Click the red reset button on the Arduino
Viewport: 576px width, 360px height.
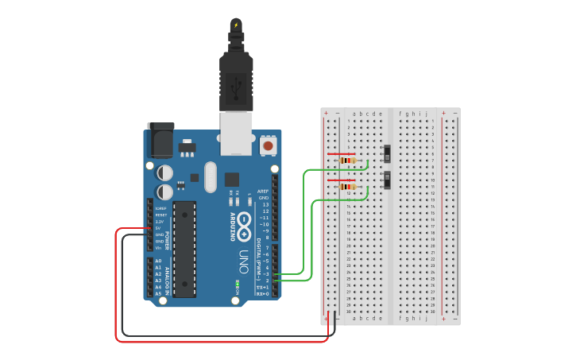[269, 146]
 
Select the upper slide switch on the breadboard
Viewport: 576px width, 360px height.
[388, 153]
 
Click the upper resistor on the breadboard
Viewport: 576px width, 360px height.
[347, 161]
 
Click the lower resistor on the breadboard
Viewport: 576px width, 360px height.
[347, 188]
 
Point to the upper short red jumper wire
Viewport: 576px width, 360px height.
[341, 154]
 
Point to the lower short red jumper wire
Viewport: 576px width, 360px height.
[341, 180]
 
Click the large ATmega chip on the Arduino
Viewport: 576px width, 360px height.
[184, 248]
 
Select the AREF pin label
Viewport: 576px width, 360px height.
[264, 192]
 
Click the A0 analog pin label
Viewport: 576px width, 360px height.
[157, 261]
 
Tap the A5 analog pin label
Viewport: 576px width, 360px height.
[157, 293]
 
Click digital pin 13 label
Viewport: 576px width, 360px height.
[265, 204]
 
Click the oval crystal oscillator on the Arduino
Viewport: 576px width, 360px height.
[210, 177]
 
